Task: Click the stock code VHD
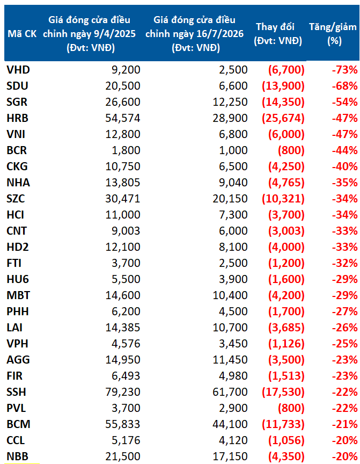[18, 70]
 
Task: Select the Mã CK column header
[22, 34]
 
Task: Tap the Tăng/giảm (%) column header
[333, 34]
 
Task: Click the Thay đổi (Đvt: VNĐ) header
[278, 34]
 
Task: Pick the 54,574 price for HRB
[123, 118]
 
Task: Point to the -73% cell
[344, 70]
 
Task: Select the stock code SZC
[16, 199]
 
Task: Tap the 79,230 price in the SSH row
[123, 392]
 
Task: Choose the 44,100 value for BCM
[230, 424]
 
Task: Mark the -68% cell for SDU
[344, 86]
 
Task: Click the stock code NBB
[18, 456]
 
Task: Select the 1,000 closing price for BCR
[233, 150]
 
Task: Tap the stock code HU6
[18, 279]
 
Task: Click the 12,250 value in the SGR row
[230, 102]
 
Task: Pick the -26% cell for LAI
[344, 328]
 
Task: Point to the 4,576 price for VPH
[126, 344]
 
